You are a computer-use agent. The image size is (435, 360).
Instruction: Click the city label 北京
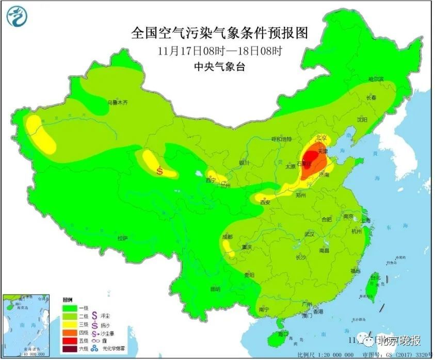[x=321, y=138]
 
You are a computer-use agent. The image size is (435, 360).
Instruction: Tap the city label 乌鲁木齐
[x=117, y=103]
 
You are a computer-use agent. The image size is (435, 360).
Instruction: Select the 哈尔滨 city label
[x=376, y=79]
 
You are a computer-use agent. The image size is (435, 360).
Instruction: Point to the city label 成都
[x=227, y=237]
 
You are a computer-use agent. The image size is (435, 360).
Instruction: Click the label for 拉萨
[x=122, y=238]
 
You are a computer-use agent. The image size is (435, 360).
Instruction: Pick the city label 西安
[x=265, y=203]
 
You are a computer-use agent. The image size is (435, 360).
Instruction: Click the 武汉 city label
[x=309, y=234]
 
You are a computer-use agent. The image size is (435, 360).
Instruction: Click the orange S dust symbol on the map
[x=160, y=171]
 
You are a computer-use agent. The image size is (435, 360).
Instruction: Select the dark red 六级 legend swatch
[x=70, y=351]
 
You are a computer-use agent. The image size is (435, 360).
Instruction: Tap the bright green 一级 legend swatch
[x=70, y=307]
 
